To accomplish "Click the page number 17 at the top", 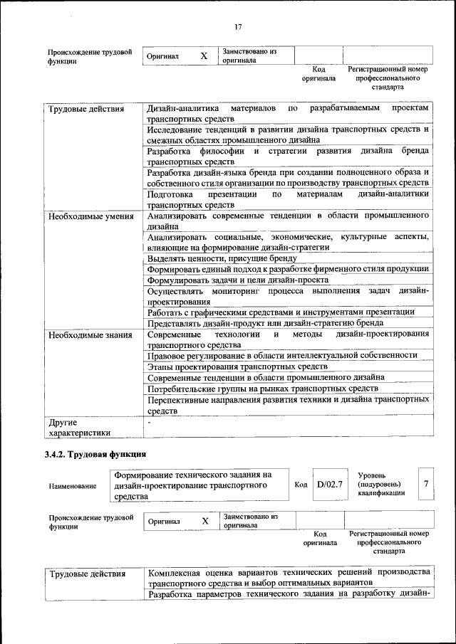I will (x=238, y=27).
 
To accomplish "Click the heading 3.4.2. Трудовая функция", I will (x=95, y=453).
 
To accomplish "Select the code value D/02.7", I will (x=330, y=484).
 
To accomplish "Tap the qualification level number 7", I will (x=425, y=484).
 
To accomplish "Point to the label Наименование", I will (x=73, y=486).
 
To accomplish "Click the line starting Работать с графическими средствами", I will (x=281, y=312).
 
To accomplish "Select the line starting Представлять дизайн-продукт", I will (x=270, y=322).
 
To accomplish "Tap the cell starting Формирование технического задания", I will (x=192, y=485).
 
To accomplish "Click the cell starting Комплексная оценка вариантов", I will (x=288, y=577).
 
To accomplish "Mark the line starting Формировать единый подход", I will (x=288, y=269).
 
